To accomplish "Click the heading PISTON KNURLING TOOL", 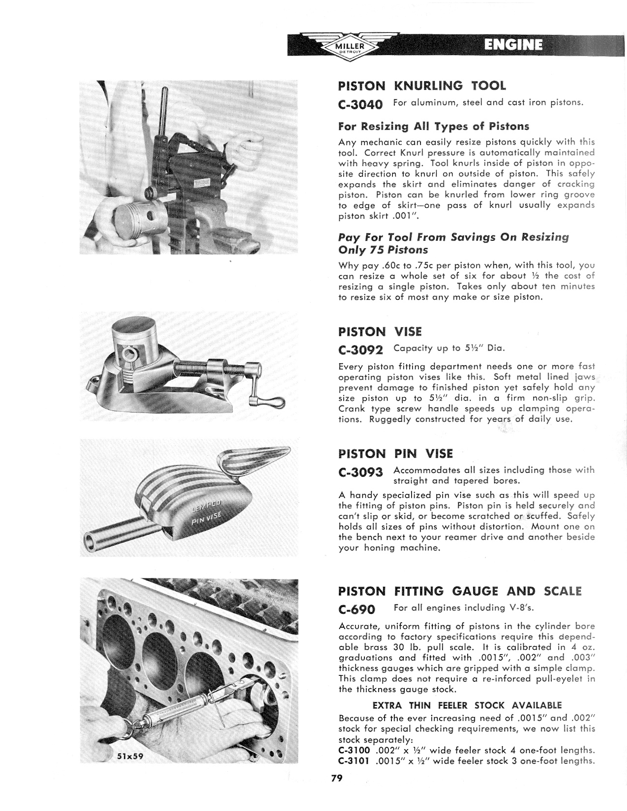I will click(422, 86).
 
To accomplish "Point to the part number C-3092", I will click(361, 350).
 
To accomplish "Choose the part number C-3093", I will click(361, 472).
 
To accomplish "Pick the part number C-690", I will click(357, 610).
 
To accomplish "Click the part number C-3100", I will click(354, 751).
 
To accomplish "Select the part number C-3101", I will click(354, 761).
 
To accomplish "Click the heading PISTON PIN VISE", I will click(395, 454).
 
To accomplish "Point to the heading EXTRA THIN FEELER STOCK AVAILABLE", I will click(467, 705).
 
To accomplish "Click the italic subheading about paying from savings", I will click(453, 243).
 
